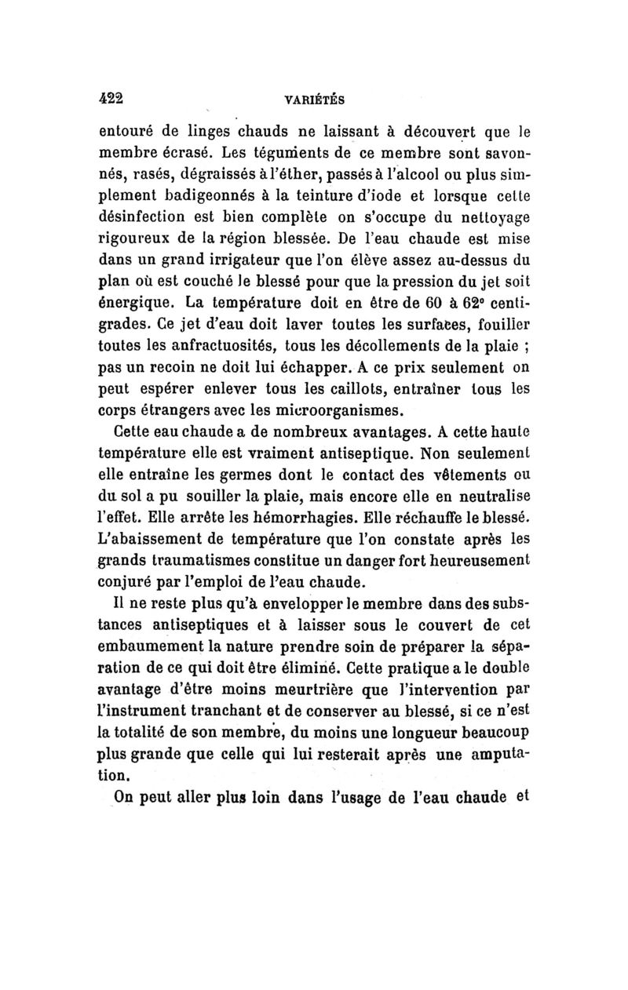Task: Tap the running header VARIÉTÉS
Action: (x=317, y=100)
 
